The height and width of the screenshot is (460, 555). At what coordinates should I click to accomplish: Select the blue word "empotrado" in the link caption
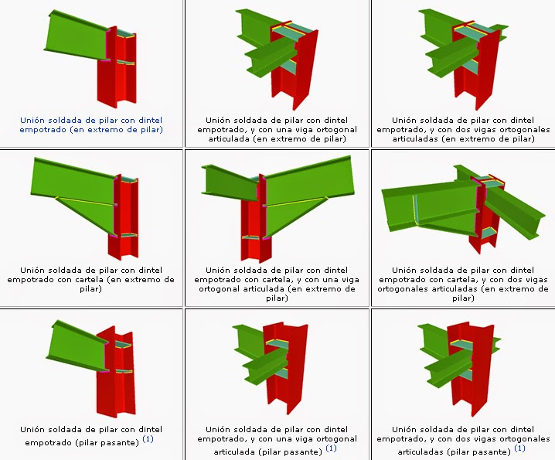click(43, 130)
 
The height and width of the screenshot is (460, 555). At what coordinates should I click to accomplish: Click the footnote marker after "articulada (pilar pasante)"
click(330, 448)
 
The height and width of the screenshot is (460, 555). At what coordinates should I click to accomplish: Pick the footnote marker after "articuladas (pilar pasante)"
click(519, 448)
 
